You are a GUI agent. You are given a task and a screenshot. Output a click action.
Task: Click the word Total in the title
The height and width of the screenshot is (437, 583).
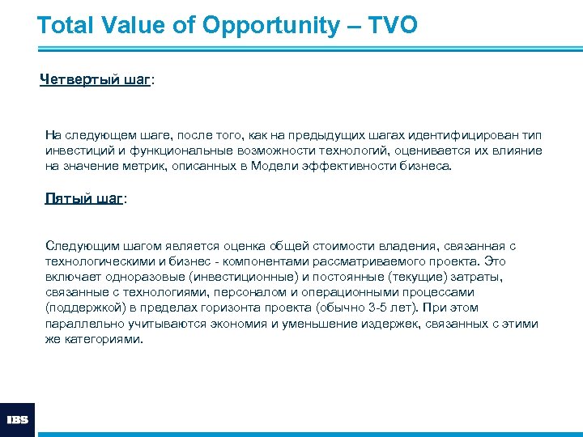(66, 25)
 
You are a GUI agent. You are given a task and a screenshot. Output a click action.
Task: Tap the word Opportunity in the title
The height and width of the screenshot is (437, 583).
(271, 25)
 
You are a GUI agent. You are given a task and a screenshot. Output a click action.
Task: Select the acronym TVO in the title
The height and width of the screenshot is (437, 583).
(393, 25)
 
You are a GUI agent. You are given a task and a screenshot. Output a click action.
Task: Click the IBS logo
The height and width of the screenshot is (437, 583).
(18, 419)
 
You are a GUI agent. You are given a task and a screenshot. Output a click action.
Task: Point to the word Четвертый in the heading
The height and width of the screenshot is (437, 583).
(79, 79)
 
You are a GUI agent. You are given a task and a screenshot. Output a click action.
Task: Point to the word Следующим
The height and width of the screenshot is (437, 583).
(75, 245)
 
